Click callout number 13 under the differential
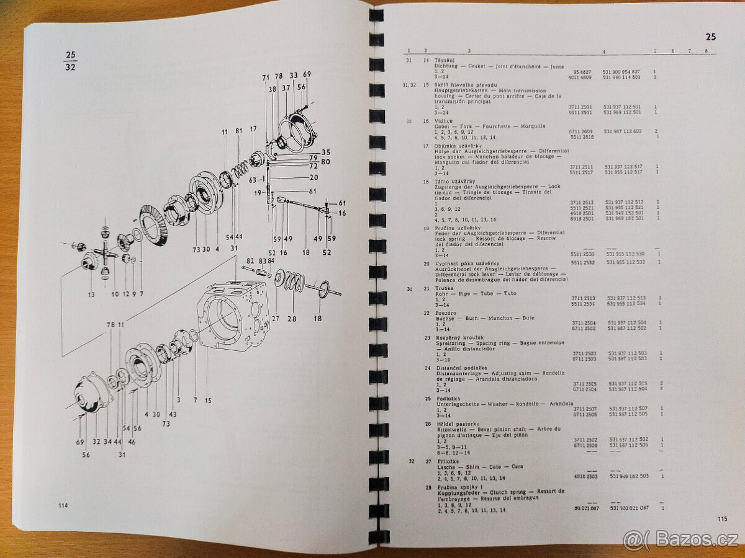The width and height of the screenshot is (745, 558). point(91,294)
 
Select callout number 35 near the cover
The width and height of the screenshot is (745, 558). point(326,152)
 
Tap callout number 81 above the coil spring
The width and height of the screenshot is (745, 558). point(240,131)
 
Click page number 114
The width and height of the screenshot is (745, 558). point(63,505)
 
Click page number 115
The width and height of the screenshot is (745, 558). point(721,520)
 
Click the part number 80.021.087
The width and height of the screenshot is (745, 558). point(582,509)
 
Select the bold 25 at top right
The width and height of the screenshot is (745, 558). point(710,37)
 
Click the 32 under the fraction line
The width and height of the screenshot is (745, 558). point(70,67)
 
